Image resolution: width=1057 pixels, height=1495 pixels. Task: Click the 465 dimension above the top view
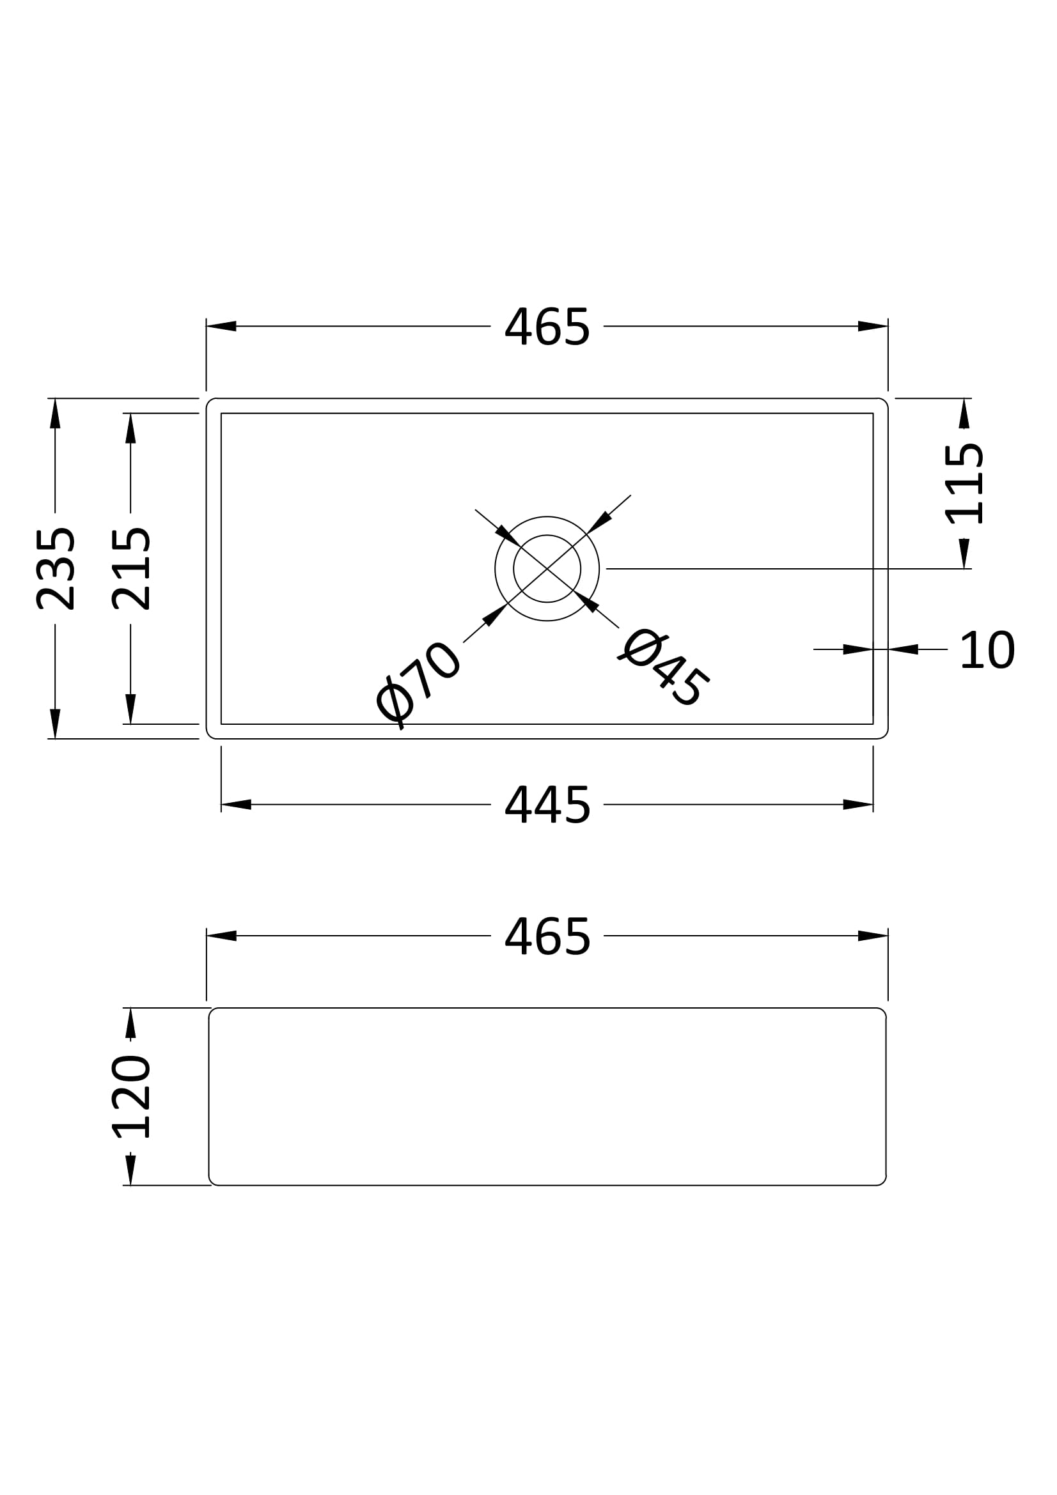pyautogui.click(x=547, y=326)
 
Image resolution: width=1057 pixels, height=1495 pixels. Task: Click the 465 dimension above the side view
pyautogui.click(x=547, y=936)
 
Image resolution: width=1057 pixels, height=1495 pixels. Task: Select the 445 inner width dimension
pyautogui.click(x=547, y=805)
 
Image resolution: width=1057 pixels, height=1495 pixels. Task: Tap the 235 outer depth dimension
pyautogui.click(x=56, y=568)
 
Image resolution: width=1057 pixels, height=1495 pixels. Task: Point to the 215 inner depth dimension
pyautogui.click(x=131, y=568)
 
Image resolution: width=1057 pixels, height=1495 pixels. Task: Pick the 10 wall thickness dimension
pyautogui.click(x=987, y=650)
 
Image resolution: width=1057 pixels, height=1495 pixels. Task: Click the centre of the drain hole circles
pyautogui.click(x=547, y=568)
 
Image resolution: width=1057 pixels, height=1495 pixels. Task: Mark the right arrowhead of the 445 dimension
pyautogui.click(x=858, y=805)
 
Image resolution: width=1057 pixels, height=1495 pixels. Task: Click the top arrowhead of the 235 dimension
pyautogui.click(x=56, y=413)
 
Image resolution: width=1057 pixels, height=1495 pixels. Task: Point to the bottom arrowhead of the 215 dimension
pyautogui.click(x=131, y=709)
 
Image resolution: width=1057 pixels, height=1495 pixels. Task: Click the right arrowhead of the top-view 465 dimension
pyautogui.click(x=873, y=326)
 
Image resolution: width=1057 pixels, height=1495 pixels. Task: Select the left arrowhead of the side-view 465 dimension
pyautogui.click(x=221, y=936)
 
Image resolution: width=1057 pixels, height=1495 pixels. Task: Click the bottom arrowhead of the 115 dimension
pyautogui.click(x=964, y=554)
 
